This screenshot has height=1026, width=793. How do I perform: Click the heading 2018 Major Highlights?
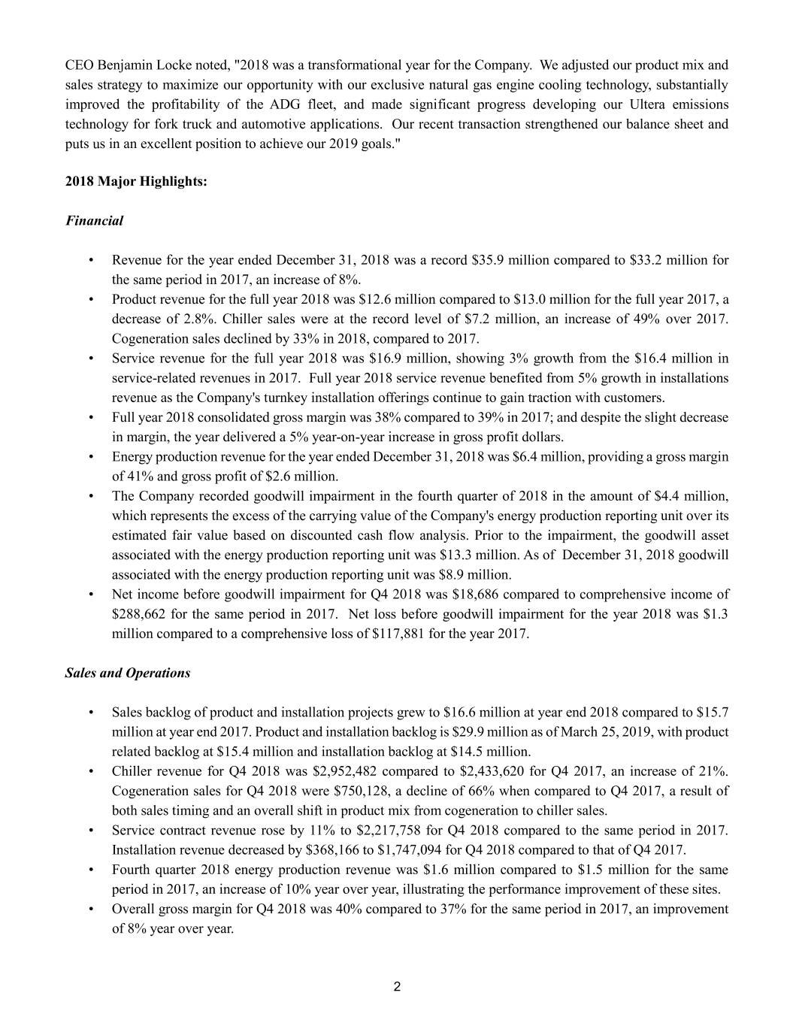(136, 181)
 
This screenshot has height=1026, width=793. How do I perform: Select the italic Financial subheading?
(94, 221)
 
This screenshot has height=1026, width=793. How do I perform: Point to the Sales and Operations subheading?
(128, 673)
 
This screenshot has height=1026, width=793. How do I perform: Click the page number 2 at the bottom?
(397, 987)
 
